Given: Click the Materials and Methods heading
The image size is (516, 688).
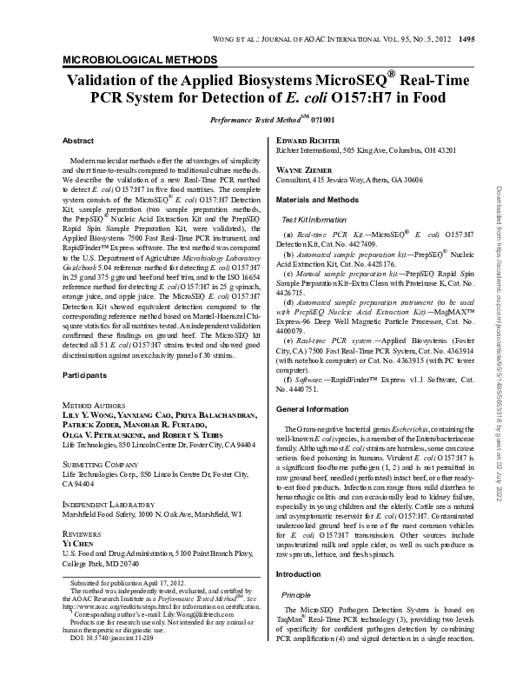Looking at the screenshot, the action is [x=316, y=200].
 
